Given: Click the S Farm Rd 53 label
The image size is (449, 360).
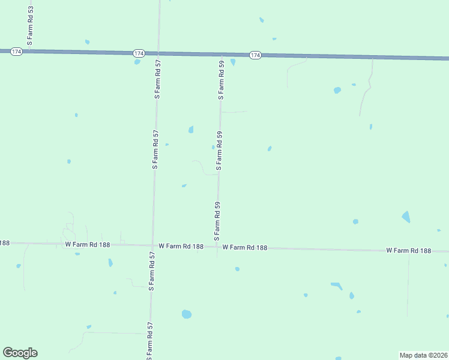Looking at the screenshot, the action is pyautogui.click(x=30, y=23).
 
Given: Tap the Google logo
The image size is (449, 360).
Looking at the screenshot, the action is pyautogui.click(x=20, y=353).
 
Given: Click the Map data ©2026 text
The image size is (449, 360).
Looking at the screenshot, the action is pyautogui.click(x=423, y=355).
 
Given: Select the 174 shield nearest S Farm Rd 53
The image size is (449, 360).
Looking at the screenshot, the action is pyautogui.click(x=16, y=52).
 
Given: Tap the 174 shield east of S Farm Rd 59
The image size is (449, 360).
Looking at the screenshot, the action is pyautogui.click(x=255, y=55).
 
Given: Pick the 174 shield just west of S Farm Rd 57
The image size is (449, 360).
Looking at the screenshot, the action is pyautogui.click(x=139, y=53).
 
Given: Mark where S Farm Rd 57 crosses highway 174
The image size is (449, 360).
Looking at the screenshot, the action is pyautogui.click(x=158, y=53).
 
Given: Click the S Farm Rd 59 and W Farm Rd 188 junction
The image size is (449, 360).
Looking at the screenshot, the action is pyautogui.click(x=217, y=246).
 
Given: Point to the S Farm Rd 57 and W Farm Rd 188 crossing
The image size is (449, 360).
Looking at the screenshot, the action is pyautogui.click(x=152, y=245).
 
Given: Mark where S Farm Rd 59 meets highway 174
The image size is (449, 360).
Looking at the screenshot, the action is pyautogui.click(x=222, y=55).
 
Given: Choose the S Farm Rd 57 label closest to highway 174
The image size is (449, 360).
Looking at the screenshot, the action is pyautogui.click(x=157, y=79).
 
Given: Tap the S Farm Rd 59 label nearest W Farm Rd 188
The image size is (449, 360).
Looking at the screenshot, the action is pyautogui.click(x=217, y=218).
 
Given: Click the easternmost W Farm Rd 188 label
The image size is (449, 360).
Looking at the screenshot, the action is pyautogui.click(x=409, y=250).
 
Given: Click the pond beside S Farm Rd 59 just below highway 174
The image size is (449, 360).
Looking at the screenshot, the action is pyautogui.click(x=233, y=62).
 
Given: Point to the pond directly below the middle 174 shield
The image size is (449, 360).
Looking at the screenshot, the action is pyautogui.click(x=137, y=61).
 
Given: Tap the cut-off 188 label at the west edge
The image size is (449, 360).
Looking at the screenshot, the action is pyautogui.click(x=5, y=243).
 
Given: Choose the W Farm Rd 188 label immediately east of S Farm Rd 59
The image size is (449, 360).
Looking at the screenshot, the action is pyautogui.click(x=244, y=247).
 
